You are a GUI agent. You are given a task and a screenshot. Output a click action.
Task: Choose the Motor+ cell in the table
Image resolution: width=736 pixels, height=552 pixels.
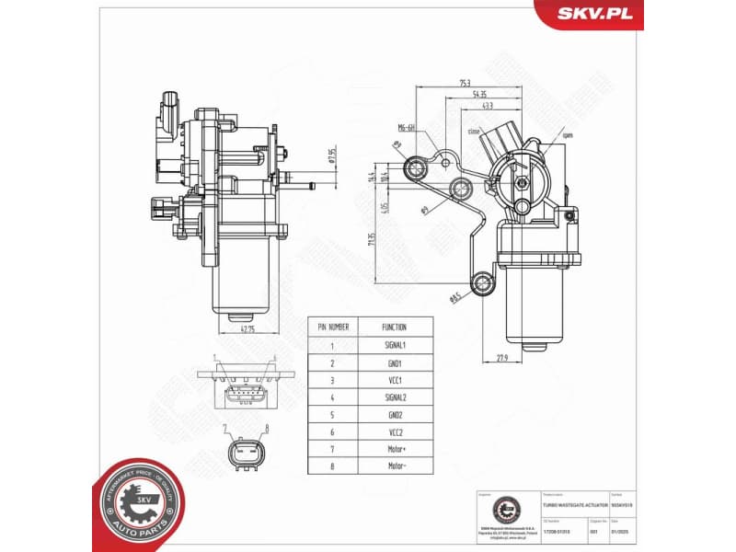point(395,450)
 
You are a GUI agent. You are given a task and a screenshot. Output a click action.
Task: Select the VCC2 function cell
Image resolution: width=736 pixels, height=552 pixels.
point(395,432)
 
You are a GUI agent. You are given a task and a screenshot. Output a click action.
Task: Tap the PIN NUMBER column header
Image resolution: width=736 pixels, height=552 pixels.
point(333,327)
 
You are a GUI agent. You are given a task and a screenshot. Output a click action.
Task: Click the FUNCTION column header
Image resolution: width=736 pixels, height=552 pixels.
point(395,327)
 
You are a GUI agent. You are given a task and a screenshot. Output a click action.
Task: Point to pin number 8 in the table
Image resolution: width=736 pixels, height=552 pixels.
point(333,467)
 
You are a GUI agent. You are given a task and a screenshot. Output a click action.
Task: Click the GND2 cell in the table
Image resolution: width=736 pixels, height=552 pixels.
point(395,415)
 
